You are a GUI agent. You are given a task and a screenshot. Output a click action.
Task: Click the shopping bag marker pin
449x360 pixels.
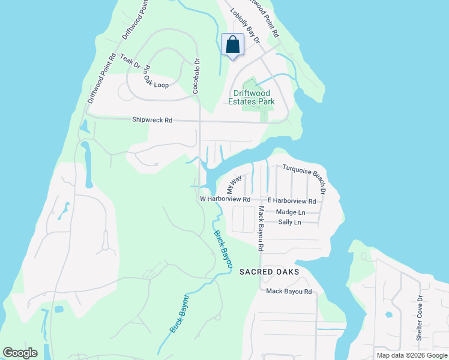(x=232, y=45)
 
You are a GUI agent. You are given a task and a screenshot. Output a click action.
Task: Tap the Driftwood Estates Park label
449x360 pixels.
(x=252, y=97)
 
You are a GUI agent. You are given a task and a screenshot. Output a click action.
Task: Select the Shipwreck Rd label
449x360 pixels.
(x=152, y=121)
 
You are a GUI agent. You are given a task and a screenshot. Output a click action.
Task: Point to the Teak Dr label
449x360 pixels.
(x=130, y=61)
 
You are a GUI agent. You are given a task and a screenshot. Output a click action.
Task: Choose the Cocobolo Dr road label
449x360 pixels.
(x=196, y=75)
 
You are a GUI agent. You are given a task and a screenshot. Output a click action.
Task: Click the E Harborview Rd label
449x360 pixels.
(x=292, y=201)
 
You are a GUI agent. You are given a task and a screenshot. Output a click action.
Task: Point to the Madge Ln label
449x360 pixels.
(x=291, y=212)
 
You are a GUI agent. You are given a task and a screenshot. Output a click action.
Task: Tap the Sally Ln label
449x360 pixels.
(x=289, y=223)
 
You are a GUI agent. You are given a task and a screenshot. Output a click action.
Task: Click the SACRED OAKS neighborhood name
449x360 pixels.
(x=268, y=272)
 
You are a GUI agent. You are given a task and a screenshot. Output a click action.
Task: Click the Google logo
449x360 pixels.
(x=20, y=352)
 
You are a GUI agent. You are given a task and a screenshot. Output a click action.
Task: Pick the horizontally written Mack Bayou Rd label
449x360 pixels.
(x=289, y=292)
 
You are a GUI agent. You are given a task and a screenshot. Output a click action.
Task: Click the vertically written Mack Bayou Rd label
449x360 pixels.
(x=261, y=228)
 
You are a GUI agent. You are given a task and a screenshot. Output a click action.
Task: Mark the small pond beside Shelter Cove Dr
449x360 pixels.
(x=389, y=314)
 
